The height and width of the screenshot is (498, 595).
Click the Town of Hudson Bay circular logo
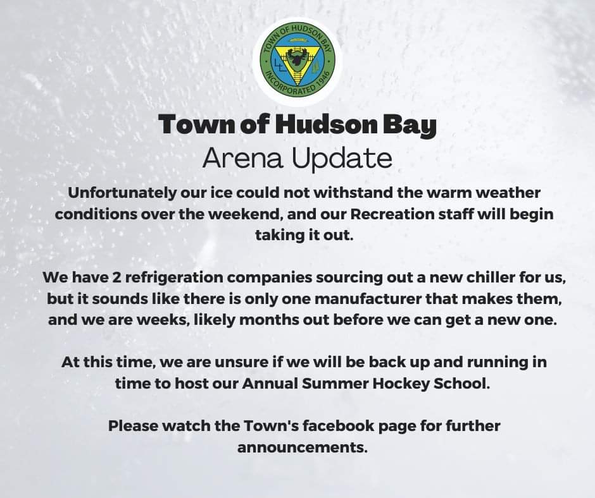(x=297, y=62)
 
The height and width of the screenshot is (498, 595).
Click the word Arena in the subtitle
(x=243, y=158)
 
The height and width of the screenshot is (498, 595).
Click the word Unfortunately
(x=122, y=193)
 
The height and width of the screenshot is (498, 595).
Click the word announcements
(x=303, y=447)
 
